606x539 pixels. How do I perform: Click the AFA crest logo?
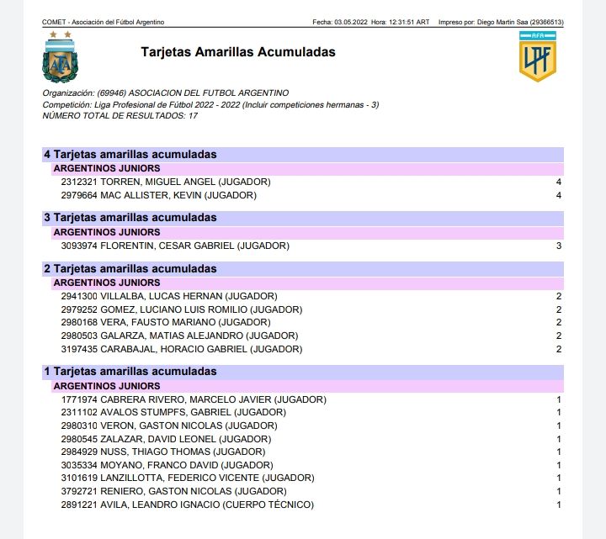59,59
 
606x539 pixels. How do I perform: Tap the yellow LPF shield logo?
535,57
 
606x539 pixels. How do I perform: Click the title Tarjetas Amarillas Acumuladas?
238,52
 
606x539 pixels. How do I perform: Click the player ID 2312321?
79,182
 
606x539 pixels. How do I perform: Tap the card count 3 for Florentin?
558,246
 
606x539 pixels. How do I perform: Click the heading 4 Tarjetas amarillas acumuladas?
130,155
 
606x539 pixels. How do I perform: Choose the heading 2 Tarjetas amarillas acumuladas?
130,269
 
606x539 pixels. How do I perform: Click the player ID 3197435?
79,348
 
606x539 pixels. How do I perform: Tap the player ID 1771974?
79,399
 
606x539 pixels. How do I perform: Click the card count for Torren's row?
558,182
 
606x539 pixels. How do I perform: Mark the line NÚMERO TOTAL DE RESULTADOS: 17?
120,115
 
